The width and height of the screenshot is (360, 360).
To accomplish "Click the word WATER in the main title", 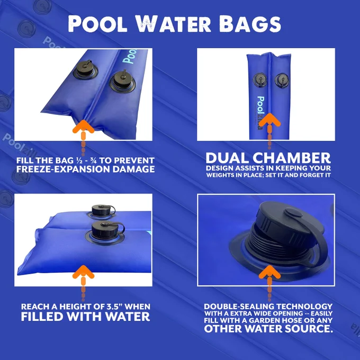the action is tap(173, 24).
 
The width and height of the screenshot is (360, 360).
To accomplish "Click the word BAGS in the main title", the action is tap(250, 24).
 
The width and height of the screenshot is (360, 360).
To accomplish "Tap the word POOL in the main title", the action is tap(97, 24).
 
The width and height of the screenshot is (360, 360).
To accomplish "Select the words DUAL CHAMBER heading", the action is tap(268, 158).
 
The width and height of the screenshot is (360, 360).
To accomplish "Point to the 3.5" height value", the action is tap(114, 307).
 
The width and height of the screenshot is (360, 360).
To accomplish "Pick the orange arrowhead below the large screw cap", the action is tap(269, 272).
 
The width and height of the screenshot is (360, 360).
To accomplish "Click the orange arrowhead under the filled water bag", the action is tap(83, 272).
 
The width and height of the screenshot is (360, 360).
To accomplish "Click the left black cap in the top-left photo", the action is tap(85, 69).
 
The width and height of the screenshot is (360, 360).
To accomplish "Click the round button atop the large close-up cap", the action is tap(293, 212).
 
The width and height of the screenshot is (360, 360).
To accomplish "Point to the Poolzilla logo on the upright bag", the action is tap(260, 113).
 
